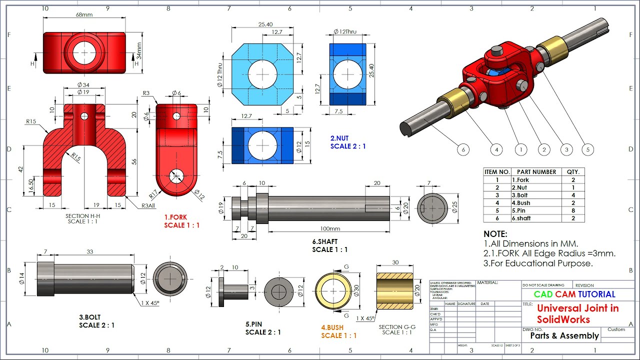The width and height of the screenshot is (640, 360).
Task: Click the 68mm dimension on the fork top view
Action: [x=84, y=15]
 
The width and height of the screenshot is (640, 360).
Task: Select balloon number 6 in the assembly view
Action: [x=463, y=149]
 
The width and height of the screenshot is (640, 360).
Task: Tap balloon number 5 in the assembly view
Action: [x=588, y=149]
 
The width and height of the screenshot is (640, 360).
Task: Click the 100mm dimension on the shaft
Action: [x=329, y=228]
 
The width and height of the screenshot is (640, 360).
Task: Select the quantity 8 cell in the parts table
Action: [x=572, y=210]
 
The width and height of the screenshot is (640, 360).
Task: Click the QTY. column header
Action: [x=572, y=172]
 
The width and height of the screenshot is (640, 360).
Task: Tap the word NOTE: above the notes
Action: [x=495, y=234]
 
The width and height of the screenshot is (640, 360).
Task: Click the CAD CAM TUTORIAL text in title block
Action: [x=574, y=294]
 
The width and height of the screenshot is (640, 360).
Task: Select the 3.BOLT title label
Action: [x=90, y=317]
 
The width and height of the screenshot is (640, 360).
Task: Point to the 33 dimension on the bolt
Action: [x=89, y=252]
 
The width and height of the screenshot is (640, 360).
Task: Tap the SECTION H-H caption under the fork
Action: [x=83, y=216]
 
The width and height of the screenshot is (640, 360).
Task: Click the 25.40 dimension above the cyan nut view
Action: [x=265, y=24]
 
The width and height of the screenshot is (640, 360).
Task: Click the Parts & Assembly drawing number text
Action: [x=564, y=336]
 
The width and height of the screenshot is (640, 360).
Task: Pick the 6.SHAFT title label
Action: [x=325, y=241]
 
